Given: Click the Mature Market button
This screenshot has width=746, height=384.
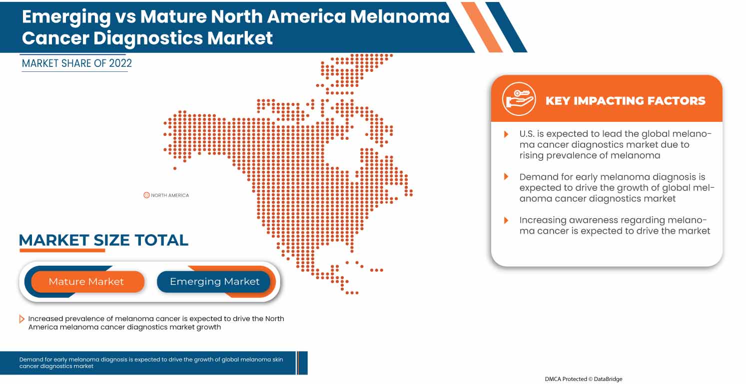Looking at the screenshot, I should pyautogui.click(x=86, y=282).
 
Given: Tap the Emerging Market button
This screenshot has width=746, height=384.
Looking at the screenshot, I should pyautogui.click(x=214, y=282).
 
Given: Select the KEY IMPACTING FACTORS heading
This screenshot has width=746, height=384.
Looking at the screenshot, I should pyautogui.click(x=625, y=100).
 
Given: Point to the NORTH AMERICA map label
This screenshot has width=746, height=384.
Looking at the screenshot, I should pyautogui.click(x=170, y=195).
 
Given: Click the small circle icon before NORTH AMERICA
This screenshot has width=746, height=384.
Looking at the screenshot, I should pyautogui.click(x=146, y=195).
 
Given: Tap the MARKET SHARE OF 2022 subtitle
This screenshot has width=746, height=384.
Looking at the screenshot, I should pyautogui.click(x=77, y=63).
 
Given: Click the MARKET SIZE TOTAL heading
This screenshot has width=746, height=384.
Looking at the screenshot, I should pyautogui.click(x=103, y=240).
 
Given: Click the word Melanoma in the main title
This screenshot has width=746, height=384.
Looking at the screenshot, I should pyautogui.click(x=400, y=16).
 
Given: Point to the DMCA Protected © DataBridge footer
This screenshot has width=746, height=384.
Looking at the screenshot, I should pyautogui.click(x=583, y=379).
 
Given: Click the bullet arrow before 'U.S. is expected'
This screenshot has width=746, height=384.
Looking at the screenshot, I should pyautogui.click(x=506, y=134).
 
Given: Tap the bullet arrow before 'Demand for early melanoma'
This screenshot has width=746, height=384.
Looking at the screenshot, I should pyautogui.click(x=506, y=177).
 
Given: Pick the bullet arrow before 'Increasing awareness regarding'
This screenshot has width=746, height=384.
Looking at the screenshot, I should pyautogui.click(x=506, y=220).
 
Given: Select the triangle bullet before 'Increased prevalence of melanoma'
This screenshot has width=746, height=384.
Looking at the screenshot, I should pyautogui.click(x=21, y=319).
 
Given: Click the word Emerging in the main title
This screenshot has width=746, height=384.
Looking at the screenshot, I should pyautogui.click(x=66, y=16).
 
